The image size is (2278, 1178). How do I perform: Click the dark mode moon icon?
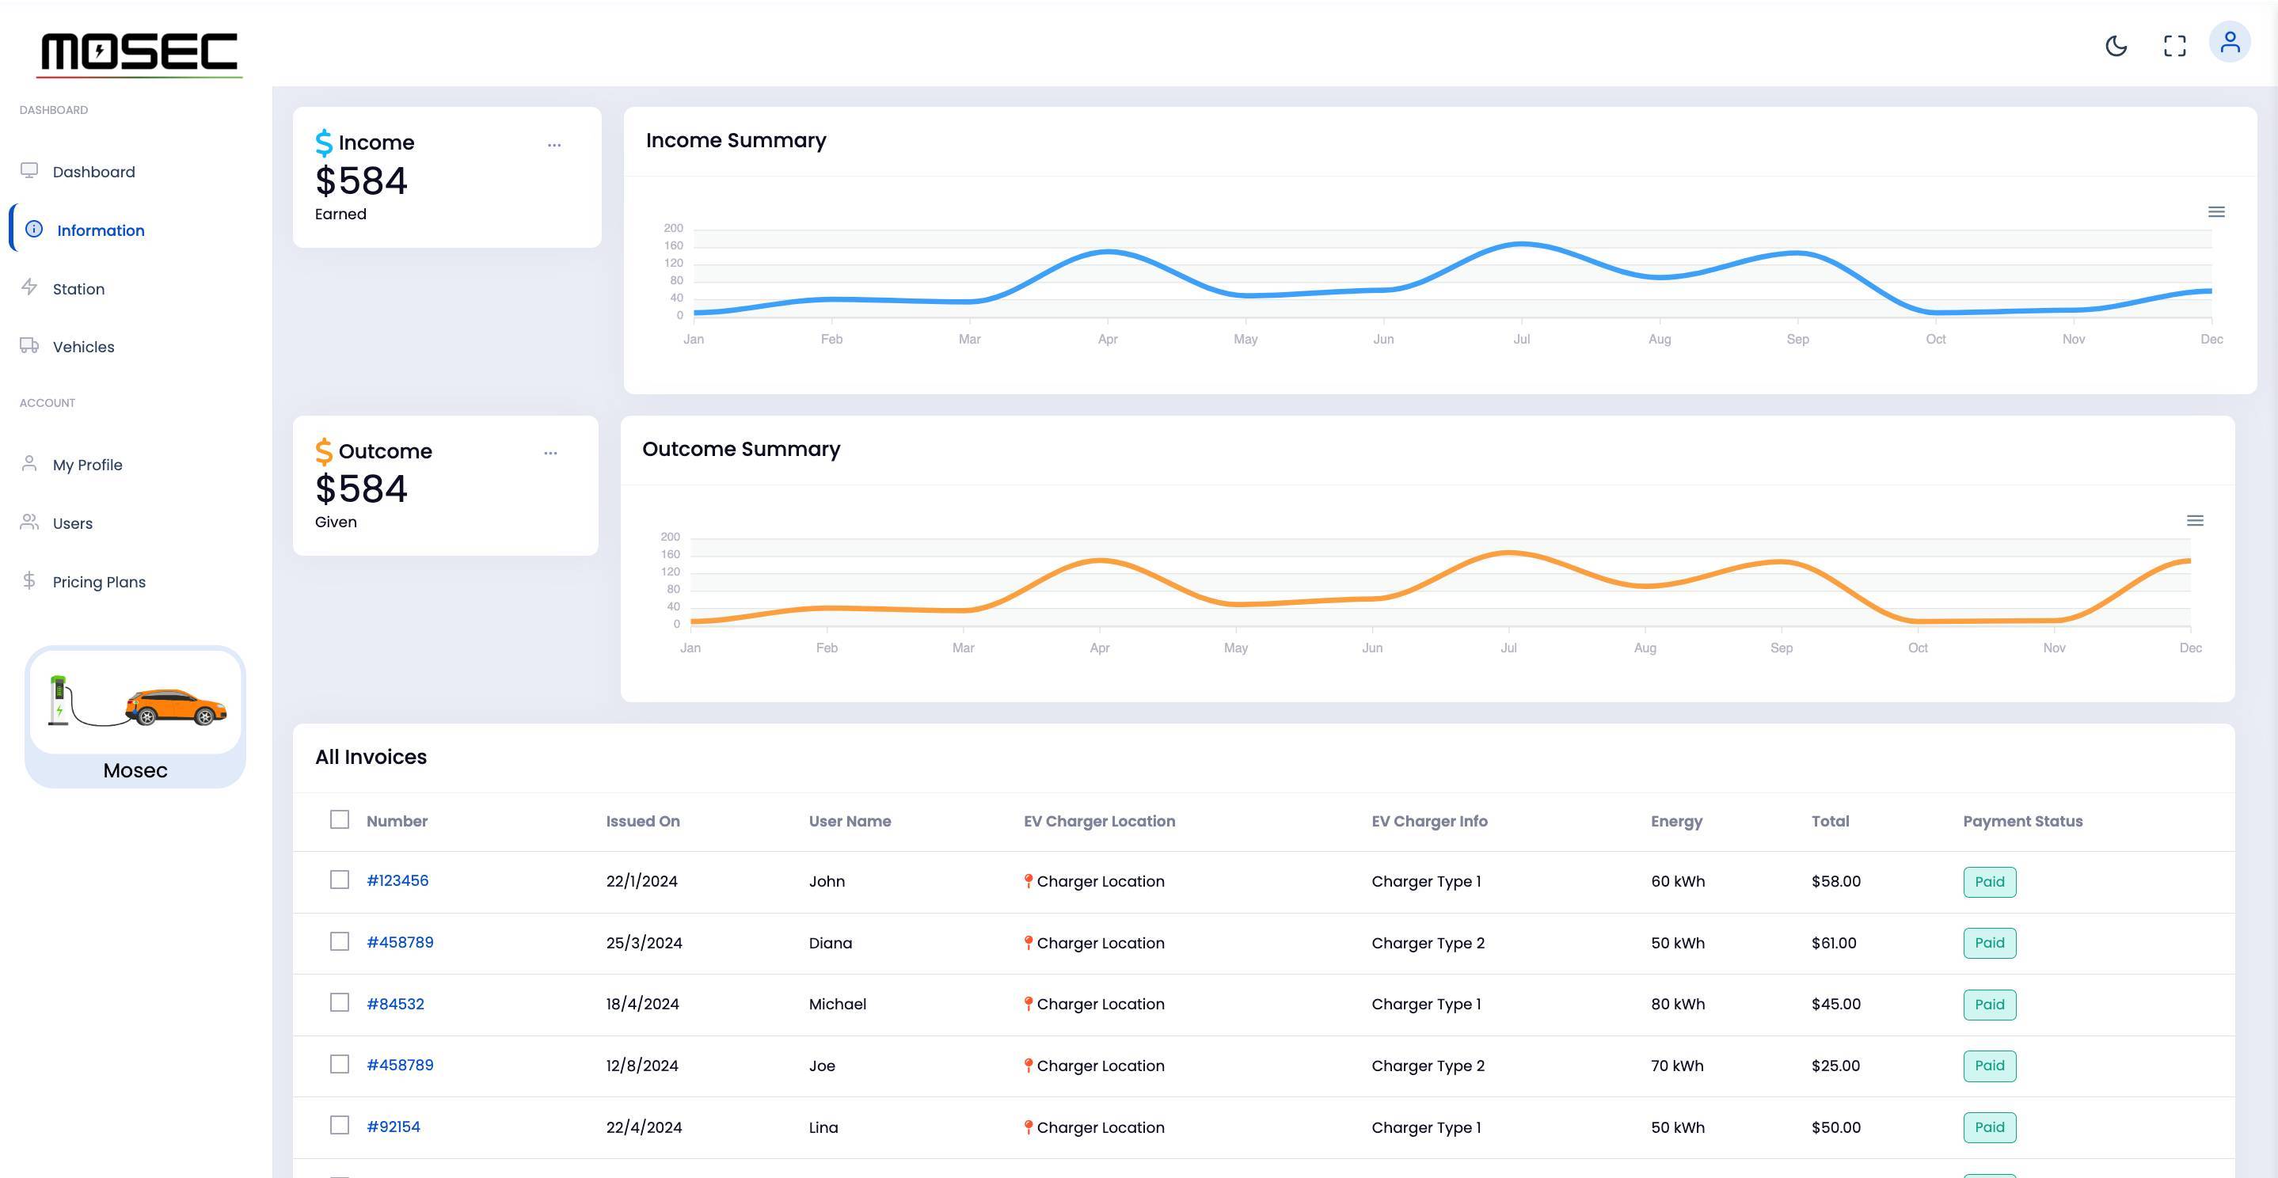2116,46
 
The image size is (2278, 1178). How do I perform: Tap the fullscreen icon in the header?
2174,46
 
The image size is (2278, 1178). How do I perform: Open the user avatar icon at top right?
2230,43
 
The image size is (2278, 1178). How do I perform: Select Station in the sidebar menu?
78,289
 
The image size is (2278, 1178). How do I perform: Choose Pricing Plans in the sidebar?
98,582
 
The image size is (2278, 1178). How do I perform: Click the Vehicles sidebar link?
83,347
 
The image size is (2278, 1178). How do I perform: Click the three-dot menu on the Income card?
553,145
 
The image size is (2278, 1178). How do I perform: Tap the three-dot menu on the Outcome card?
550,453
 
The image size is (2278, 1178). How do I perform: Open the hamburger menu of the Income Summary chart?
2215,212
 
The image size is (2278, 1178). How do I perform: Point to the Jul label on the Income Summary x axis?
1521,340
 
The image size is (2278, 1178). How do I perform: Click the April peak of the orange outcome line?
1099,560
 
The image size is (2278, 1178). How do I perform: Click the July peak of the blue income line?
1521,243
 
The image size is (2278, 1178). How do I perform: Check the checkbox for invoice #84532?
340,1003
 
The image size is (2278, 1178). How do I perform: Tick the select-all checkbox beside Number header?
340,820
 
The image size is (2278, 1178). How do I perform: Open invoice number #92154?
393,1127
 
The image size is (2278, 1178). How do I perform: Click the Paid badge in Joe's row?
1989,1066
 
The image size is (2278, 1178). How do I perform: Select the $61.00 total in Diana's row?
1833,943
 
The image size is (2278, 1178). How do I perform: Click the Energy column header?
1675,822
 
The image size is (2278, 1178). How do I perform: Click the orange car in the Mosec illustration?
176,707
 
